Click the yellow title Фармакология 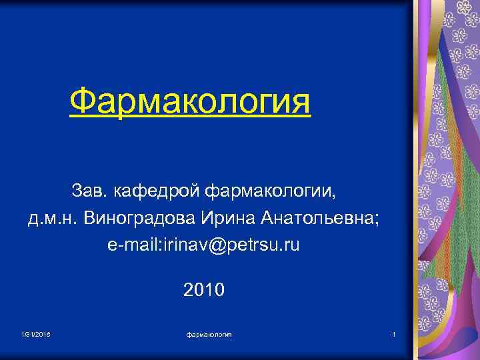[x=190, y=103]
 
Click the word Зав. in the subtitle [x=90, y=193]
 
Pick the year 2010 [x=204, y=291]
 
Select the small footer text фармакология [x=209, y=334]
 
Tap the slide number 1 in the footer [x=394, y=334]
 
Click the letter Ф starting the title [x=81, y=103]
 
